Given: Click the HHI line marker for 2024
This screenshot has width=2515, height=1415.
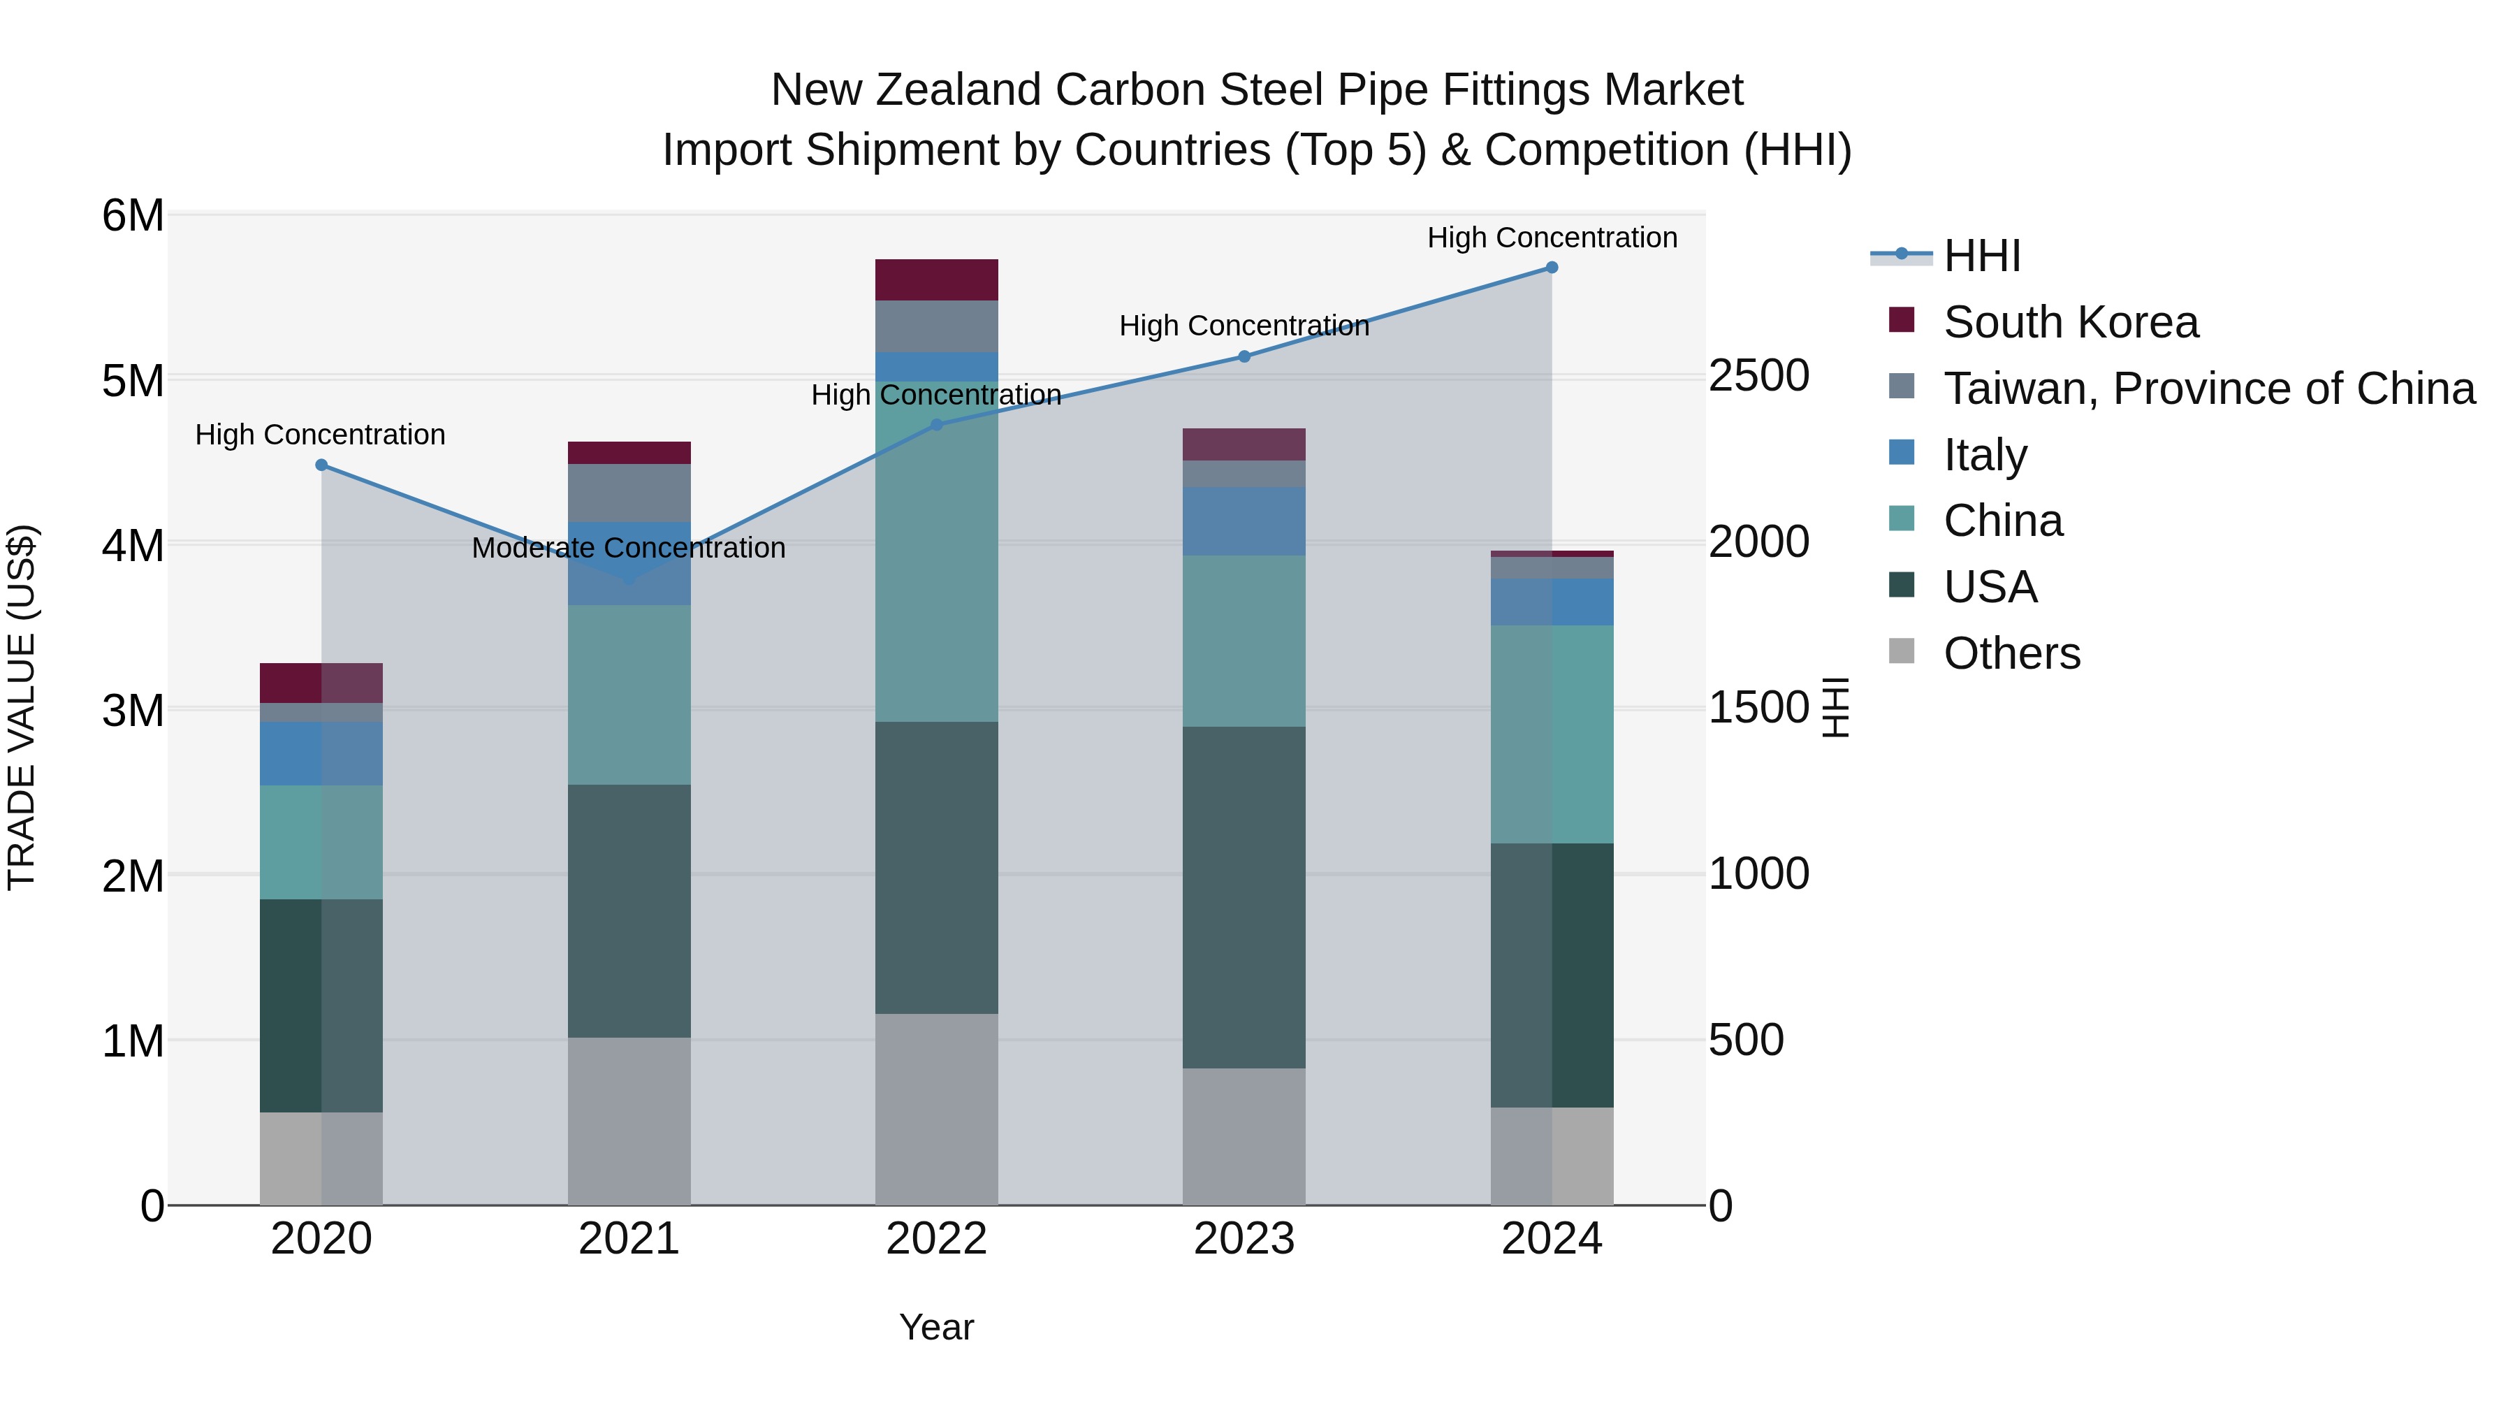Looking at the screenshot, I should (1552, 268).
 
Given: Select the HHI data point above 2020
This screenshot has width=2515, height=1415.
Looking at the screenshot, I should (321, 465).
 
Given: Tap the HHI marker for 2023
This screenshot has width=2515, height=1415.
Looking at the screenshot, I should (1244, 356).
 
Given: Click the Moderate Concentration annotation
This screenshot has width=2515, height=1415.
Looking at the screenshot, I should (628, 548).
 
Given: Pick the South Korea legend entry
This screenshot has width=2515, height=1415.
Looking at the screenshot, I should (2070, 322).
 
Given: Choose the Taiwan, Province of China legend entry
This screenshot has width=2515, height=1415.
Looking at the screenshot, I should (2208, 389).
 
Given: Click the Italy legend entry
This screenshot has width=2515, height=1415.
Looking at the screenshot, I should (1985, 455).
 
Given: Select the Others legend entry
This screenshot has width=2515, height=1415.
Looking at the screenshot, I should (2011, 653).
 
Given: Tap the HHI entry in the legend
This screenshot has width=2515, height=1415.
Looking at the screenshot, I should (1981, 256).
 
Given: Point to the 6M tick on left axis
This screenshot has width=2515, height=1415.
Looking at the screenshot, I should (133, 215).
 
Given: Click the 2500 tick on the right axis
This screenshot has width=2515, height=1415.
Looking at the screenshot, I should (1758, 376).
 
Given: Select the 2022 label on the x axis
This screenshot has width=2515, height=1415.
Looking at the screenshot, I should (936, 1239).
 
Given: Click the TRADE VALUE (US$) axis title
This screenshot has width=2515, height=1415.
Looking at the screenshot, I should (22, 707).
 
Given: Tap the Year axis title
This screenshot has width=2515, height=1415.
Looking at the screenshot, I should (936, 1327).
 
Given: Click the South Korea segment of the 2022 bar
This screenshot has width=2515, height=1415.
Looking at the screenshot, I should (936, 280).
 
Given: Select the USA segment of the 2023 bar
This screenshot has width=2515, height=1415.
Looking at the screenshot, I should (1244, 897).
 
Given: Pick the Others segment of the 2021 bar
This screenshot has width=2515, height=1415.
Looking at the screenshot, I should (629, 1121).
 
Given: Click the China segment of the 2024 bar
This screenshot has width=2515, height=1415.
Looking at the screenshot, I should (1552, 734).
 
